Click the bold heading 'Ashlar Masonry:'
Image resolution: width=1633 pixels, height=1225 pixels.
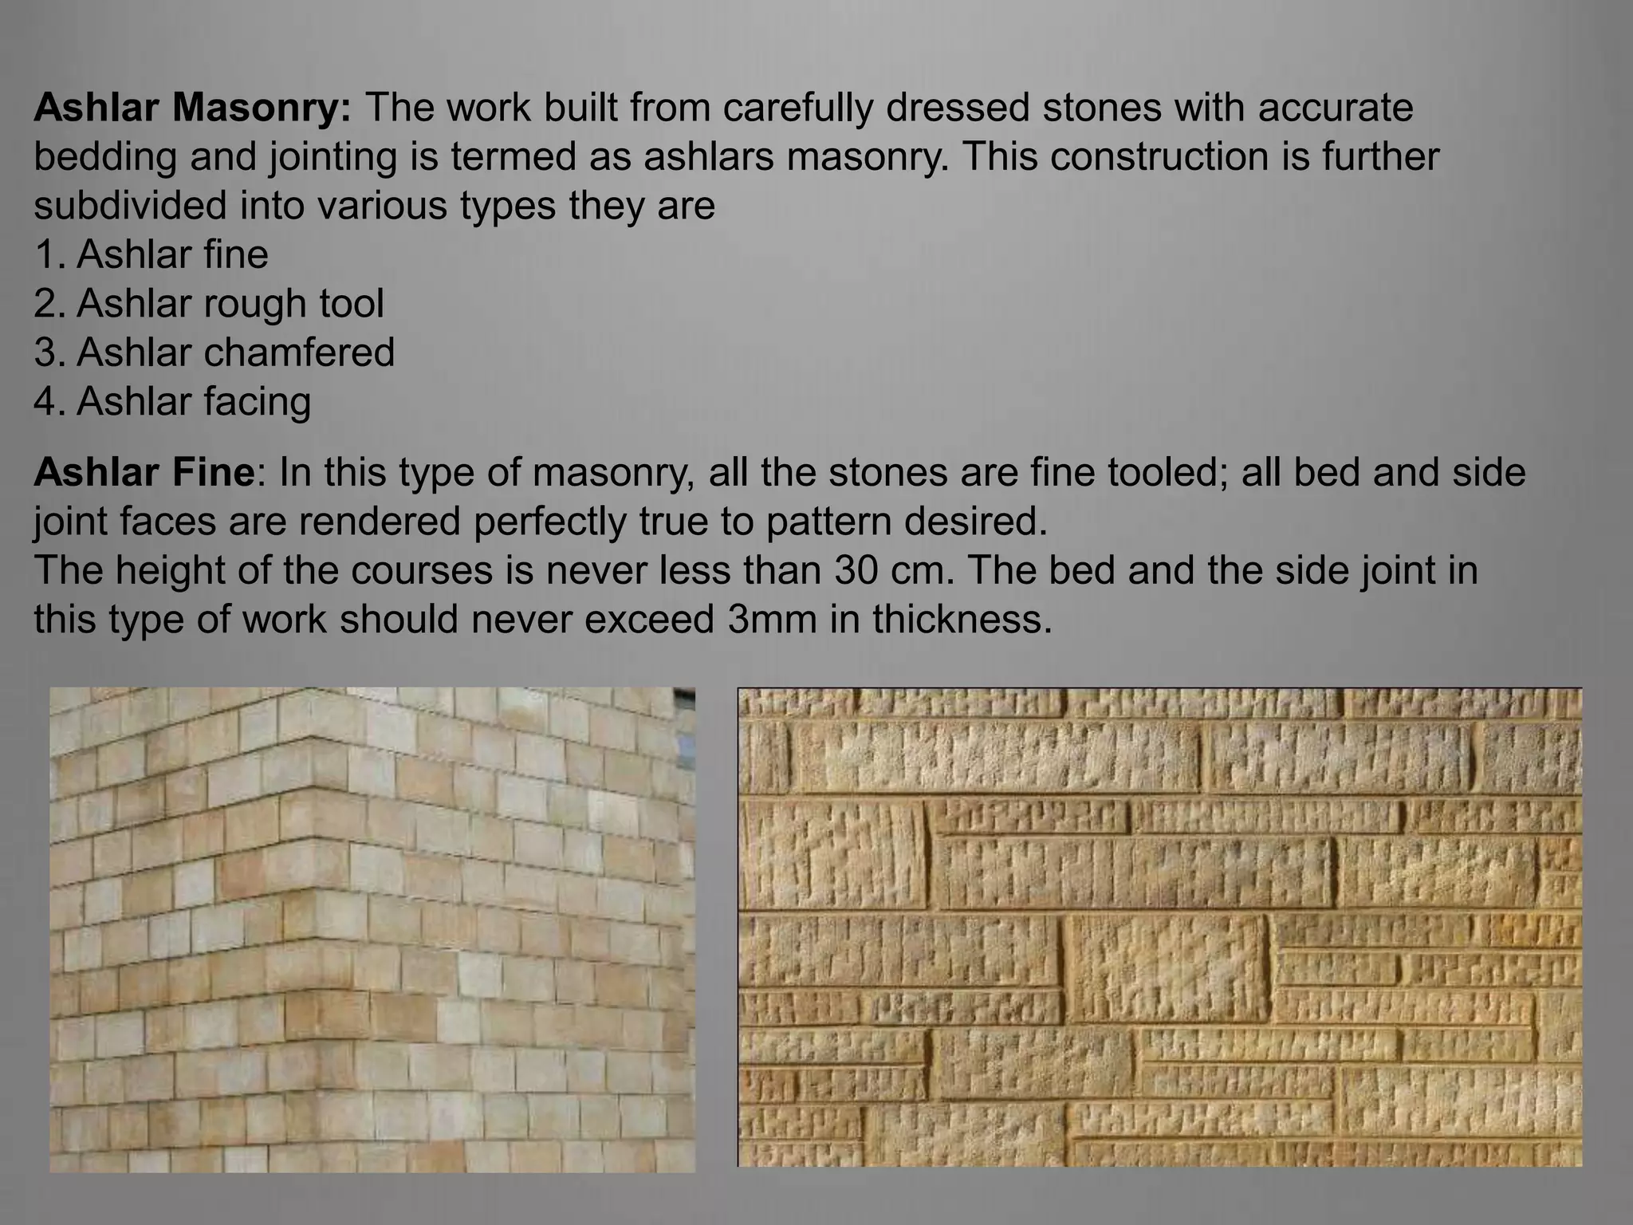pos(192,108)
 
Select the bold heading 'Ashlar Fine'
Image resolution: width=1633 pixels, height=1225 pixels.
pos(144,473)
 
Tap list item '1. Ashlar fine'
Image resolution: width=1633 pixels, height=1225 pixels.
pos(151,255)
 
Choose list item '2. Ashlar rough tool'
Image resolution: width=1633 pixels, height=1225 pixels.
pos(209,304)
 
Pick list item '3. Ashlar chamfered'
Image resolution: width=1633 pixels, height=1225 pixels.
pos(214,353)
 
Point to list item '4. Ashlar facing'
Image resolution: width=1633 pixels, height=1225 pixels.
pos(172,401)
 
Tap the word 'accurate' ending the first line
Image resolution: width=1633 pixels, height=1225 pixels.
pos(1336,108)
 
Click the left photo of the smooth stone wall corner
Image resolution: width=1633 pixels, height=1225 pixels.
pos(372,930)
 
